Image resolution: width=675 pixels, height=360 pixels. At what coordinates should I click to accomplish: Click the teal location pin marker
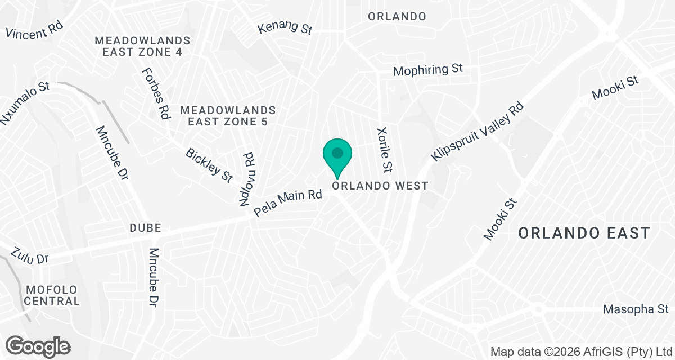click(x=337, y=155)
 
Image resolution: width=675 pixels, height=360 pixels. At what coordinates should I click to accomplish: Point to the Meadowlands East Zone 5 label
click(x=228, y=116)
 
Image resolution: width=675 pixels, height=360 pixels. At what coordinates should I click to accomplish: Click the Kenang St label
click(x=285, y=27)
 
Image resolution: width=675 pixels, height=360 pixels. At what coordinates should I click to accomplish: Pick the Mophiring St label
click(x=427, y=70)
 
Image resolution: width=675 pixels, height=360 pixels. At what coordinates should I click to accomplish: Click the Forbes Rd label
click(x=156, y=93)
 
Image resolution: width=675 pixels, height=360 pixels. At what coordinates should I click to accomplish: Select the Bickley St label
click(x=209, y=165)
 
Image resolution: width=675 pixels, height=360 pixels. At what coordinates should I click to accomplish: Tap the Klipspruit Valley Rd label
click(x=478, y=131)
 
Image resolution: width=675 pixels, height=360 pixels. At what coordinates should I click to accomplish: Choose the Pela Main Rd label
click(x=287, y=203)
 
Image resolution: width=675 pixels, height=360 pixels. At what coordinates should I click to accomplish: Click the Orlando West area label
click(x=380, y=186)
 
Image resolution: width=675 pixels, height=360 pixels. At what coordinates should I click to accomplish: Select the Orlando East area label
click(x=584, y=233)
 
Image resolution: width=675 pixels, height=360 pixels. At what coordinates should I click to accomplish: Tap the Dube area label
click(x=145, y=228)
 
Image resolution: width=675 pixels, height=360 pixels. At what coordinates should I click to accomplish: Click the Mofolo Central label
click(x=52, y=295)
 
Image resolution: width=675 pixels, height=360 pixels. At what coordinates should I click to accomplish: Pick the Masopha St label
click(x=635, y=309)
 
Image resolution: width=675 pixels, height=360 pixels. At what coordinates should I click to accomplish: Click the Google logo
click(x=38, y=345)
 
